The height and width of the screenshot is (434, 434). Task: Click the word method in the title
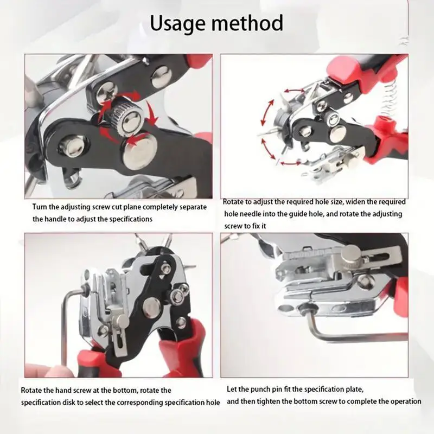click(251, 23)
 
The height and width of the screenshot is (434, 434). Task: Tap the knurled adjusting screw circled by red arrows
click(122, 117)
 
